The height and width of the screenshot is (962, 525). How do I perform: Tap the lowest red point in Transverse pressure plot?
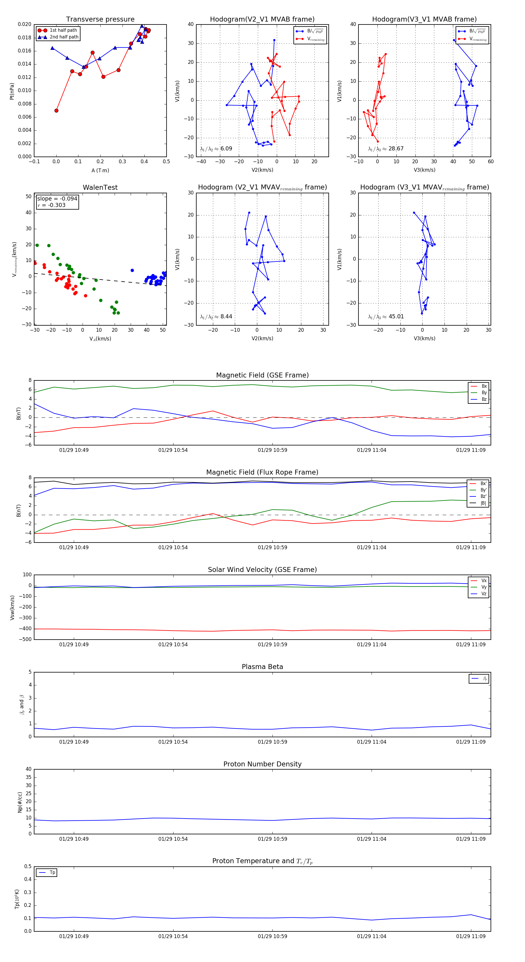click(x=56, y=110)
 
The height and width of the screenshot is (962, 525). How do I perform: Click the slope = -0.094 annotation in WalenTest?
click(x=57, y=199)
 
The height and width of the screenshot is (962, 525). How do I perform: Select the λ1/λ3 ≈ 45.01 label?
click(x=386, y=317)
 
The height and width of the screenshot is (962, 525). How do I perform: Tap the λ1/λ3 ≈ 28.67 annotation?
click(x=386, y=149)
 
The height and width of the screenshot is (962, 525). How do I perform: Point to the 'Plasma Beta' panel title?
click(x=262, y=667)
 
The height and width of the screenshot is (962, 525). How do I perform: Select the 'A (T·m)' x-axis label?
click(x=100, y=171)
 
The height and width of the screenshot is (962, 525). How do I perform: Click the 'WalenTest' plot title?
click(x=100, y=187)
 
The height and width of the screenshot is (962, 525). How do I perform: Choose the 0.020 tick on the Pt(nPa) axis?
click(x=25, y=24)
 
